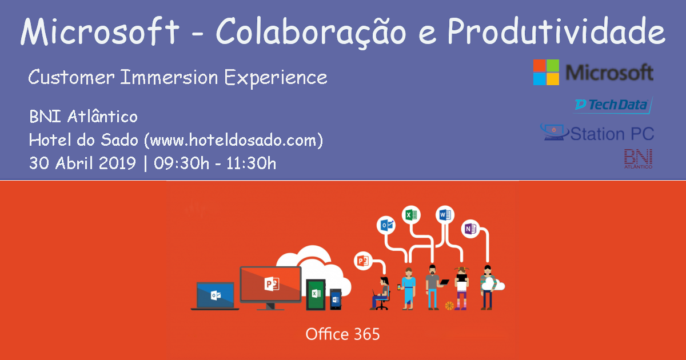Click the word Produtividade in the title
556,33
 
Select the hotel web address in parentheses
236,139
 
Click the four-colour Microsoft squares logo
547,73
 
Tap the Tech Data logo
612,105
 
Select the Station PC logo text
612,134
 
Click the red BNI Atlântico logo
638,159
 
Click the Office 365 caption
342,334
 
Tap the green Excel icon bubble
410,215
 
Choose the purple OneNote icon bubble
470,229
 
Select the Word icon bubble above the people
444,215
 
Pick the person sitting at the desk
382,293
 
